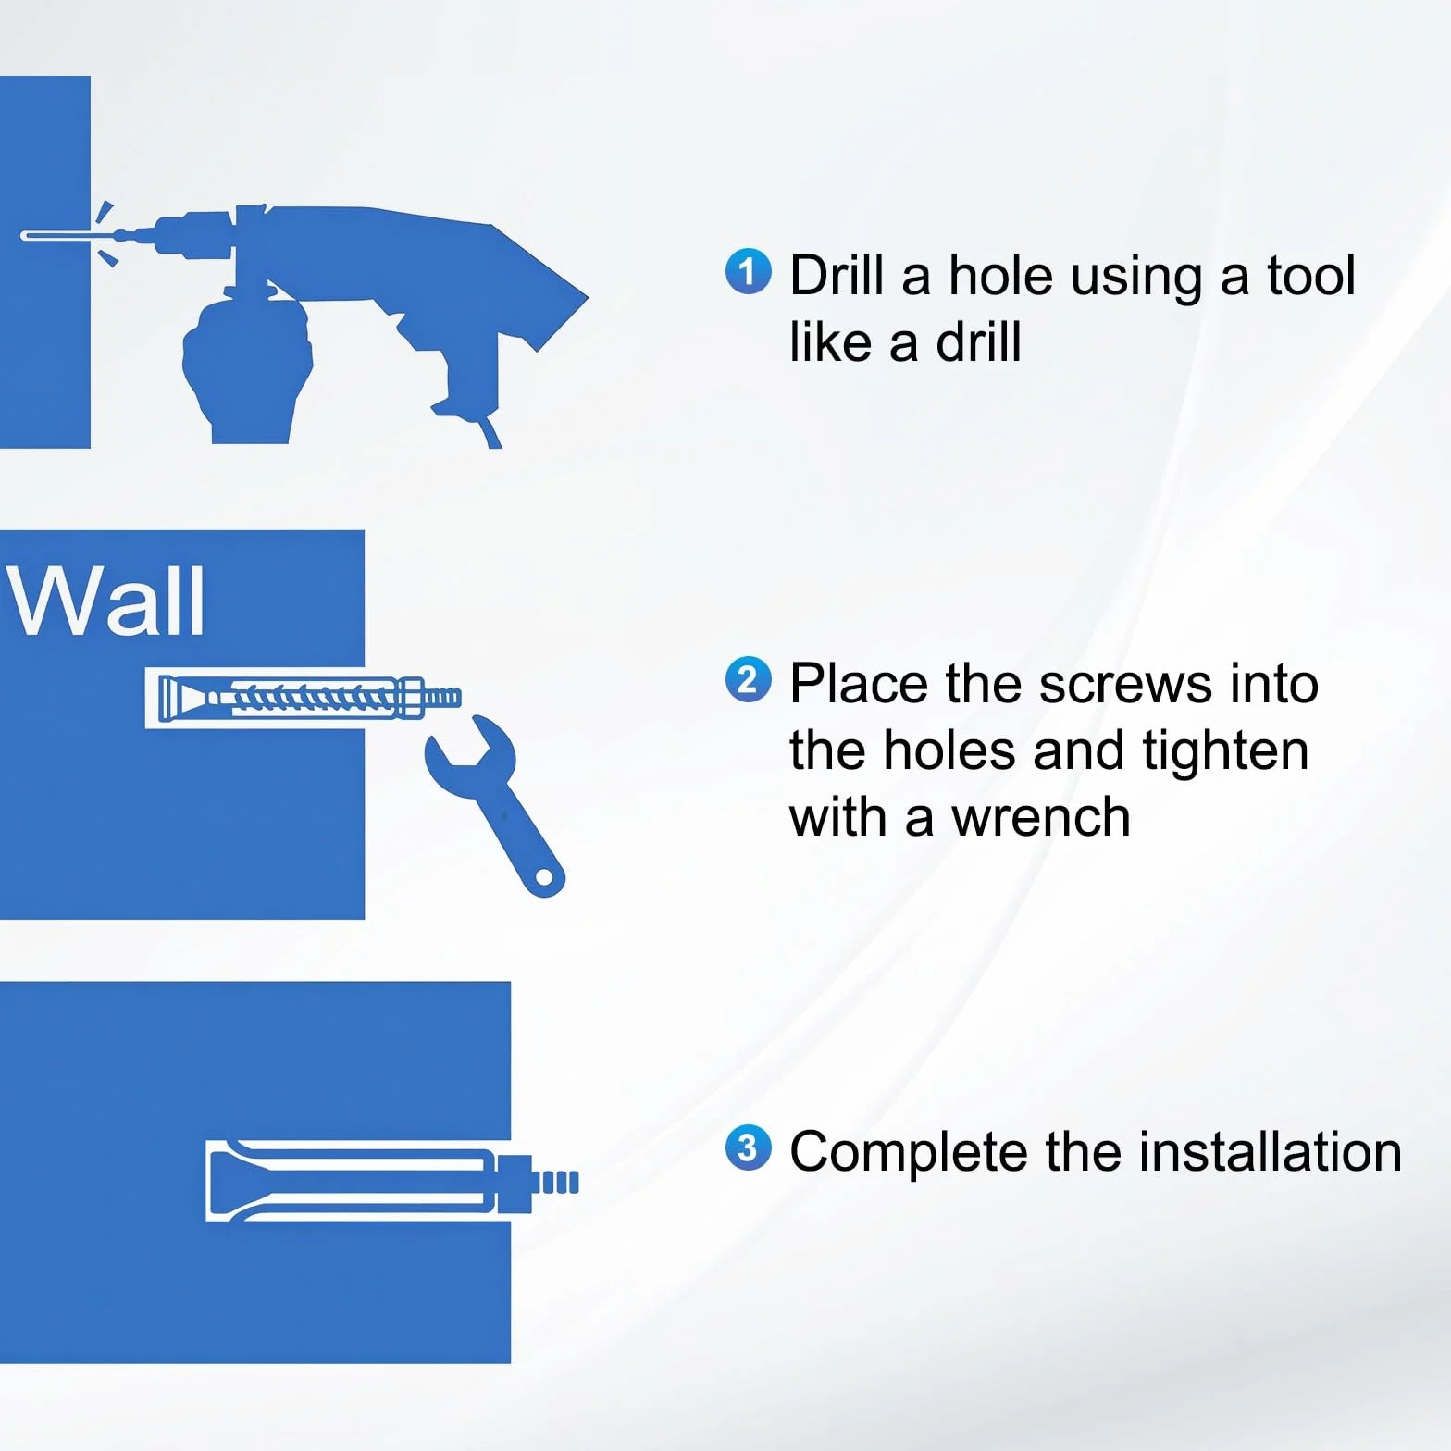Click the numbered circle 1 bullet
pos(748,272)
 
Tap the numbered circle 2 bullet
pos(748,680)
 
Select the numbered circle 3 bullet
pos(748,1148)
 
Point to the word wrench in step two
pos(1041,819)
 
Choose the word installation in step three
pos(1271,1152)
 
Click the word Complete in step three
pos(909,1153)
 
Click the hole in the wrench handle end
pos(545,876)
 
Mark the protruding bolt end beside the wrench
pos(441,697)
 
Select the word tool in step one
pos(1310,276)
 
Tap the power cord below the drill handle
pos(488,431)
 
